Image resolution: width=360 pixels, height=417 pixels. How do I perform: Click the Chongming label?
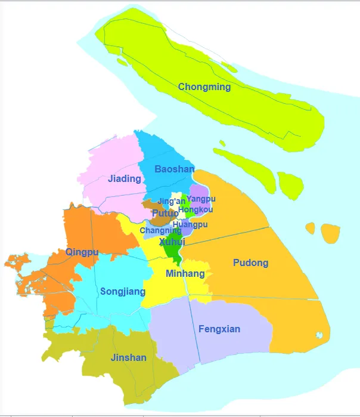[x=204, y=87]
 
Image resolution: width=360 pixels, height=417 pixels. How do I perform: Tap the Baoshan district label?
[x=174, y=169]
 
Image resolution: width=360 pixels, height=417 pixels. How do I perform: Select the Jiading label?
[x=125, y=178]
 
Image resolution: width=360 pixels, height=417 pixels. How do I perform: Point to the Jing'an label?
[x=171, y=202]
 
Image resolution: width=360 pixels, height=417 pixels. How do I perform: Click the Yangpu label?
[x=201, y=199]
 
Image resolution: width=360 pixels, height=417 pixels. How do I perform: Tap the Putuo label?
[x=165, y=213]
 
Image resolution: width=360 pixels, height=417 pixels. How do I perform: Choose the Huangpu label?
[x=190, y=224]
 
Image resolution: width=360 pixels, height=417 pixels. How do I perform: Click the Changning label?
[x=160, y=230]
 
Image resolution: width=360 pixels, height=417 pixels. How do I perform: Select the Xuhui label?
[x=172, y=242]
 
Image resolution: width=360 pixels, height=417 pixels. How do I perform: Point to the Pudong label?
[x=250, y=262]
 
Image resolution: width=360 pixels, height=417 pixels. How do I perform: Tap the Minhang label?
[x=185, y=274]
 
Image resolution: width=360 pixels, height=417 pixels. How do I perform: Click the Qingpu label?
[x=82, y=252]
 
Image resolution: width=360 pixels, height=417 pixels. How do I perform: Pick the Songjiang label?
[x=123, y=292]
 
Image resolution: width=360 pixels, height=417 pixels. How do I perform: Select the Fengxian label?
[x=219, y=329]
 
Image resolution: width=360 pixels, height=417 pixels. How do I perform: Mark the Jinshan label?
[x=128, y=358]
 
